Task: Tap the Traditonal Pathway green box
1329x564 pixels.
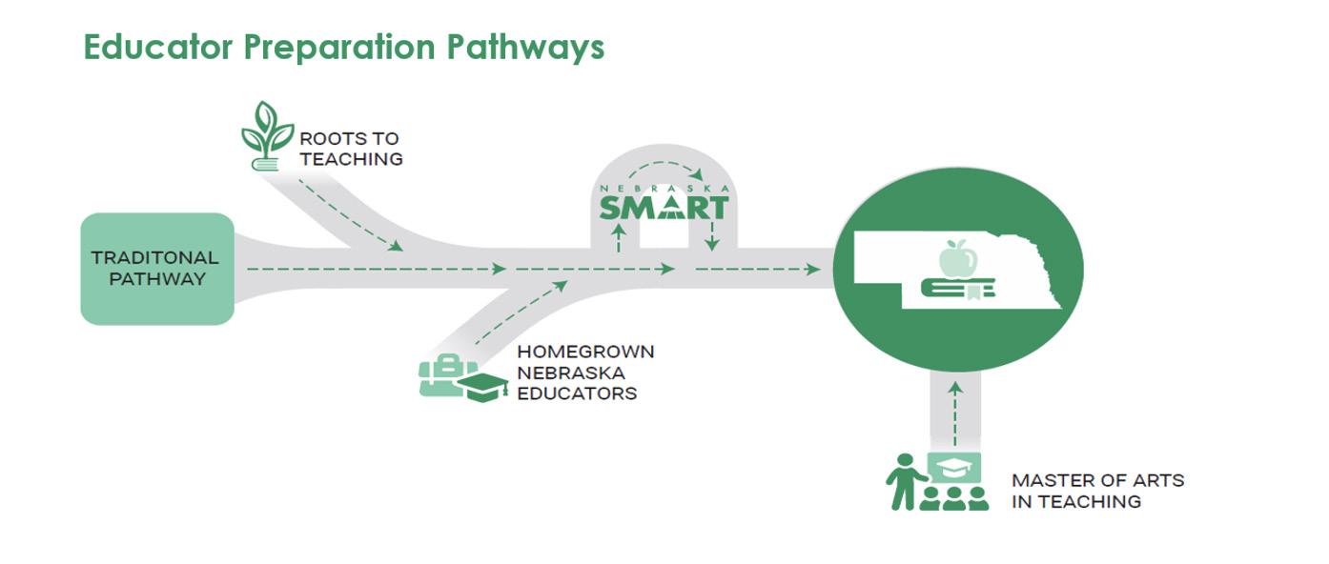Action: click(x=156, y=269)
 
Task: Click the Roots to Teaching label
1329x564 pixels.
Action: click(x=350, y=149)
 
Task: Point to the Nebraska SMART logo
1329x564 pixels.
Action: click(x=664, y=203)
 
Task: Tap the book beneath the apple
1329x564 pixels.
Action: click(x=958, y=288)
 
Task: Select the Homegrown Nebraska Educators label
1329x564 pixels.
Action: click(x=584, y=373)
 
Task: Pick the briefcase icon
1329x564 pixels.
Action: click(x=440, y=375)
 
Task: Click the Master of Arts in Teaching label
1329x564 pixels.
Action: click(x=1097, y=491)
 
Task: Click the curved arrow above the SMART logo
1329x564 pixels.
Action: click(x=664, y=171)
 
